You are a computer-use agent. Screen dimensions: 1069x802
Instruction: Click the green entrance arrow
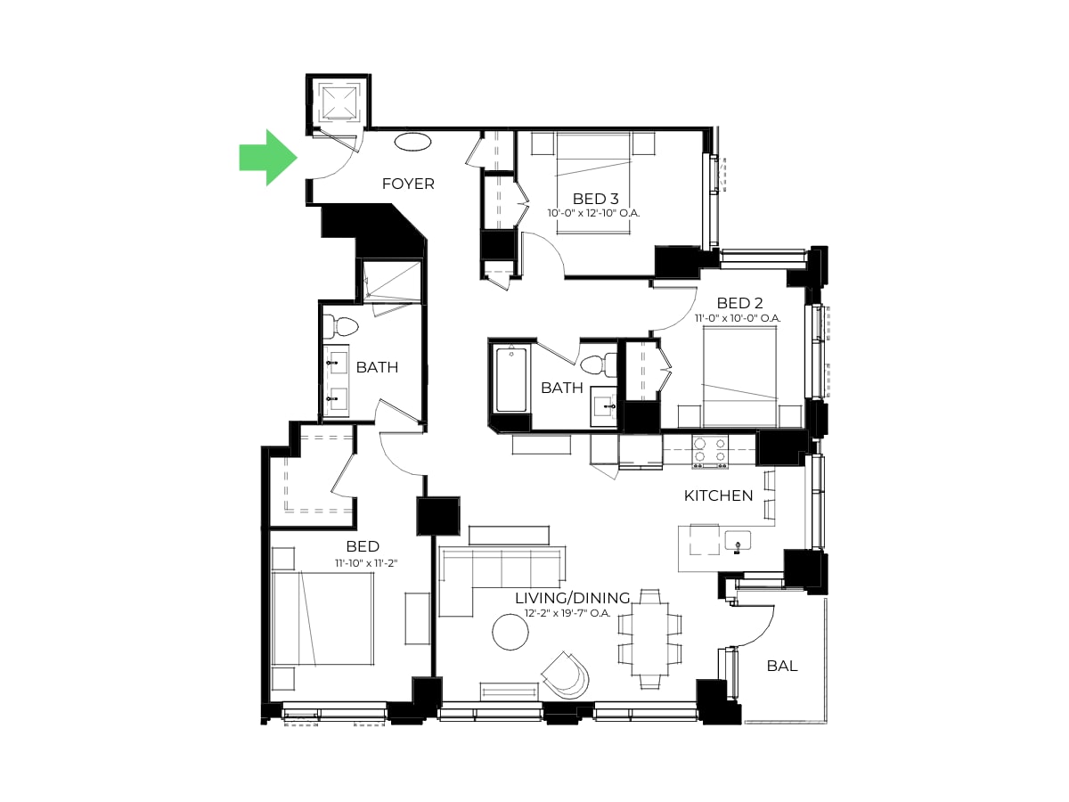[x=268, y=158]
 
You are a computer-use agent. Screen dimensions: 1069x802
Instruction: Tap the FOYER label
[x=408, y=184]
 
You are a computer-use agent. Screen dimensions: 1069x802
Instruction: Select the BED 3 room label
[x=595, y=199]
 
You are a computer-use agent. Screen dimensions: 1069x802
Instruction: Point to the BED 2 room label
[x=739, y=303]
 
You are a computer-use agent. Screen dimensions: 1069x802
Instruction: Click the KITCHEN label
[x=718, y=495]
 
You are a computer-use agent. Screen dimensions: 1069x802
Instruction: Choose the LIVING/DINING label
[x=572, y=597]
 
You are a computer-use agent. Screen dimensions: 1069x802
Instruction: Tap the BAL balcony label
[x=782, y=666]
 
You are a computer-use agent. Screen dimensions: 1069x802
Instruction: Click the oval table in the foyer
[x=412, y=143]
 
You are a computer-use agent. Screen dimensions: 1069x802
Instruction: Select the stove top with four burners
[x=710, y=452]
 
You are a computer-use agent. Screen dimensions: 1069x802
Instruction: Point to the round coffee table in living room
[x=510, y=632]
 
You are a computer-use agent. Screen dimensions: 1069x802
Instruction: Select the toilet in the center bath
[x=599, y=364]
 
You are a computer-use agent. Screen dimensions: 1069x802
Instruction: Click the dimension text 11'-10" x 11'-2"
[x=366, y=563]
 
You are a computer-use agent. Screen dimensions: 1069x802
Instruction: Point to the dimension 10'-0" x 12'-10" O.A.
[x=593, y=213]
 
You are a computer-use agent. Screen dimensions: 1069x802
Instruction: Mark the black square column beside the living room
[x=437, y=516]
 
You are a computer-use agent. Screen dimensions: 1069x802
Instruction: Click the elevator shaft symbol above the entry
[x=339, y=102]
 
